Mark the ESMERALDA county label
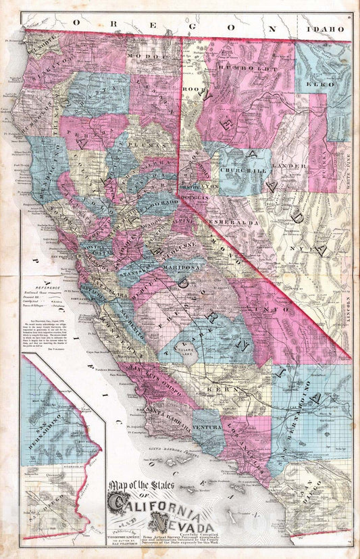coord(233,201)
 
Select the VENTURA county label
coord(207,427)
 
